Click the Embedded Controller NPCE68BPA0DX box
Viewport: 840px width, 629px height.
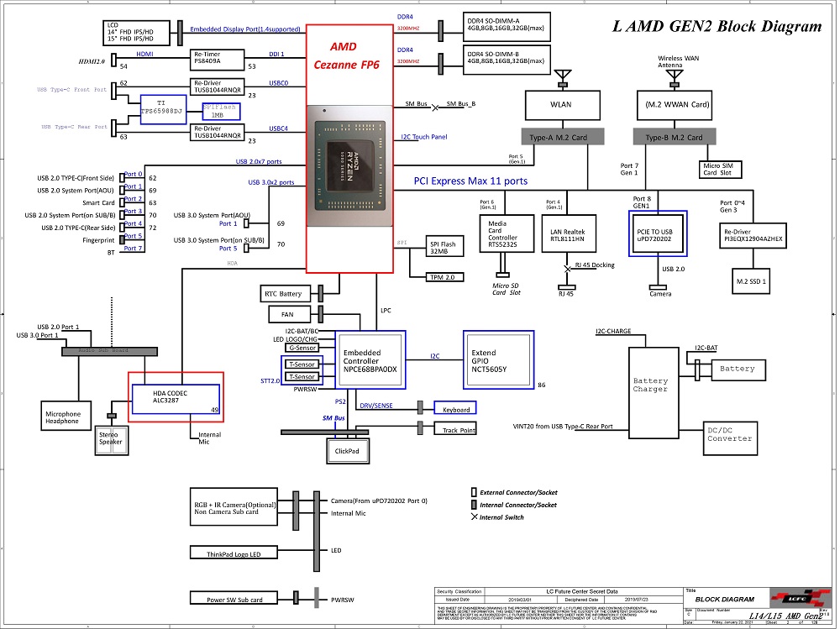[x=370, y=361]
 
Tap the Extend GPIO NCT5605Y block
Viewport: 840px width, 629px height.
[x=499, y=359]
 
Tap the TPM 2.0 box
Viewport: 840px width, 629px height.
[x=441, y=276]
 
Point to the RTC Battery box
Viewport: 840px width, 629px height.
[x=284, y=293]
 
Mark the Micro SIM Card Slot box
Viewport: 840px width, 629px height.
[x=717, y=170]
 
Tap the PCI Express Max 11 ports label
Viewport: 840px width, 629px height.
[x=470, y=181]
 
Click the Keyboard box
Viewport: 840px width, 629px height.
[x=453, y=409]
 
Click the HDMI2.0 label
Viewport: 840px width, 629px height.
[x=92, y=61]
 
